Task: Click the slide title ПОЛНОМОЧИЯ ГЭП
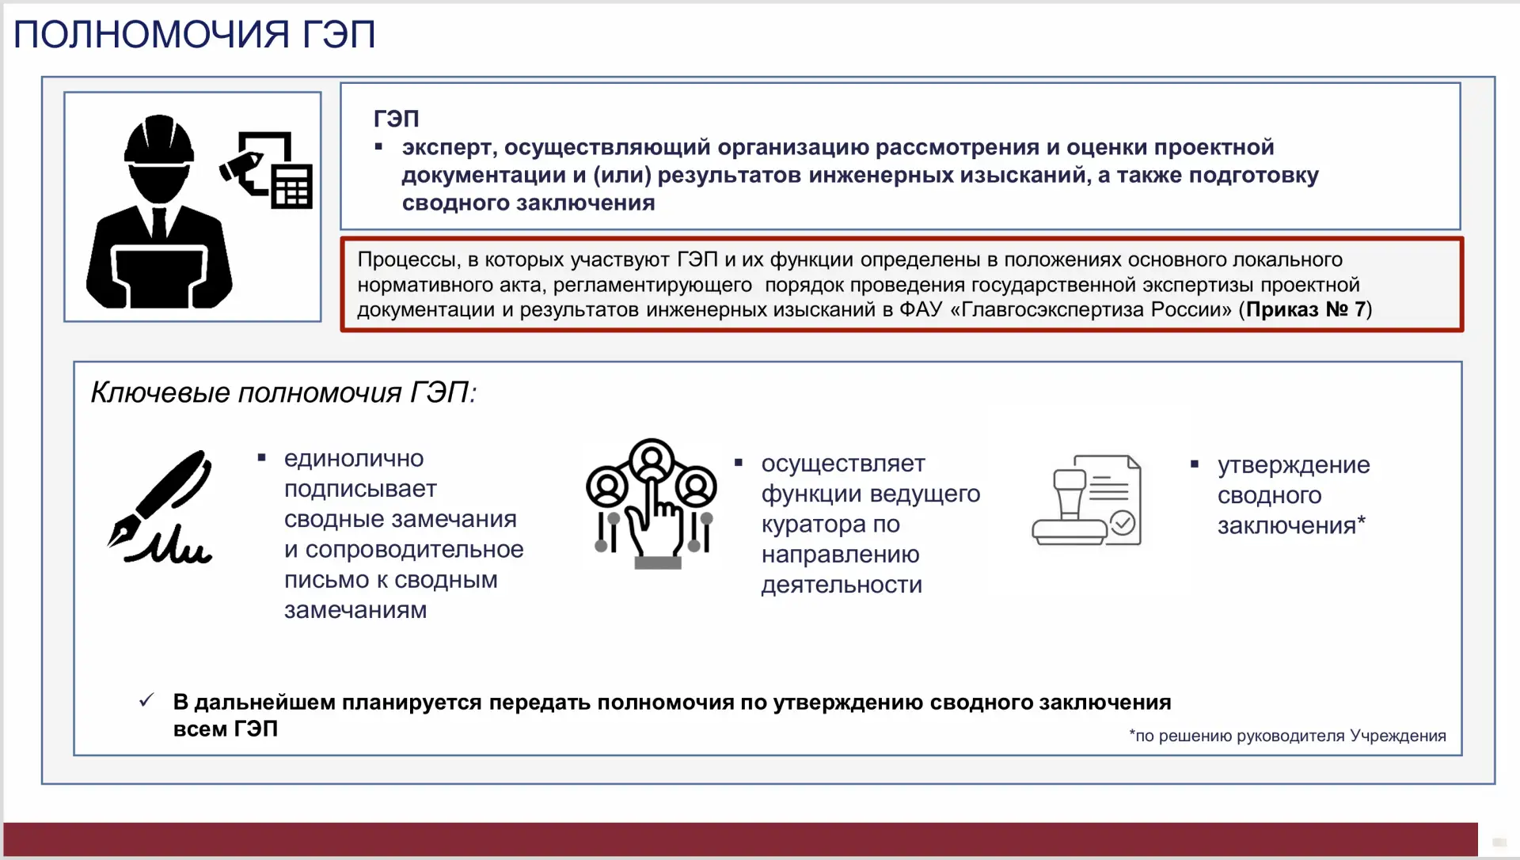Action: pyautogui.click(x=194, y=35)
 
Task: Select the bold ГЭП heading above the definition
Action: pyautogui.click(x=396, y=119)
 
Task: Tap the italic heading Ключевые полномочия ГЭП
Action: pyautogui.click(x=283, y=392)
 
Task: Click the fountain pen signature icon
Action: pyautogui.click(x=161, y=507)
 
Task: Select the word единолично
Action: pyautogui.click(x=354, y=459)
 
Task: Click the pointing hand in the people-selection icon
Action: pyautogui.click(x=653, y=522)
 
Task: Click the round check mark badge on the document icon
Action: pyautogui.click(x=1123, y=523)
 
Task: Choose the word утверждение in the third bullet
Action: pyautogui.click(x=1294, y=465)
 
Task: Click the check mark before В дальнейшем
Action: pyautogui.click(x=146, y=700)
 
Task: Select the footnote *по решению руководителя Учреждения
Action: pyautogui.click(x=1287, y=736)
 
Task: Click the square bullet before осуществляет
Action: pyautogui.click(x=739, y=462)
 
